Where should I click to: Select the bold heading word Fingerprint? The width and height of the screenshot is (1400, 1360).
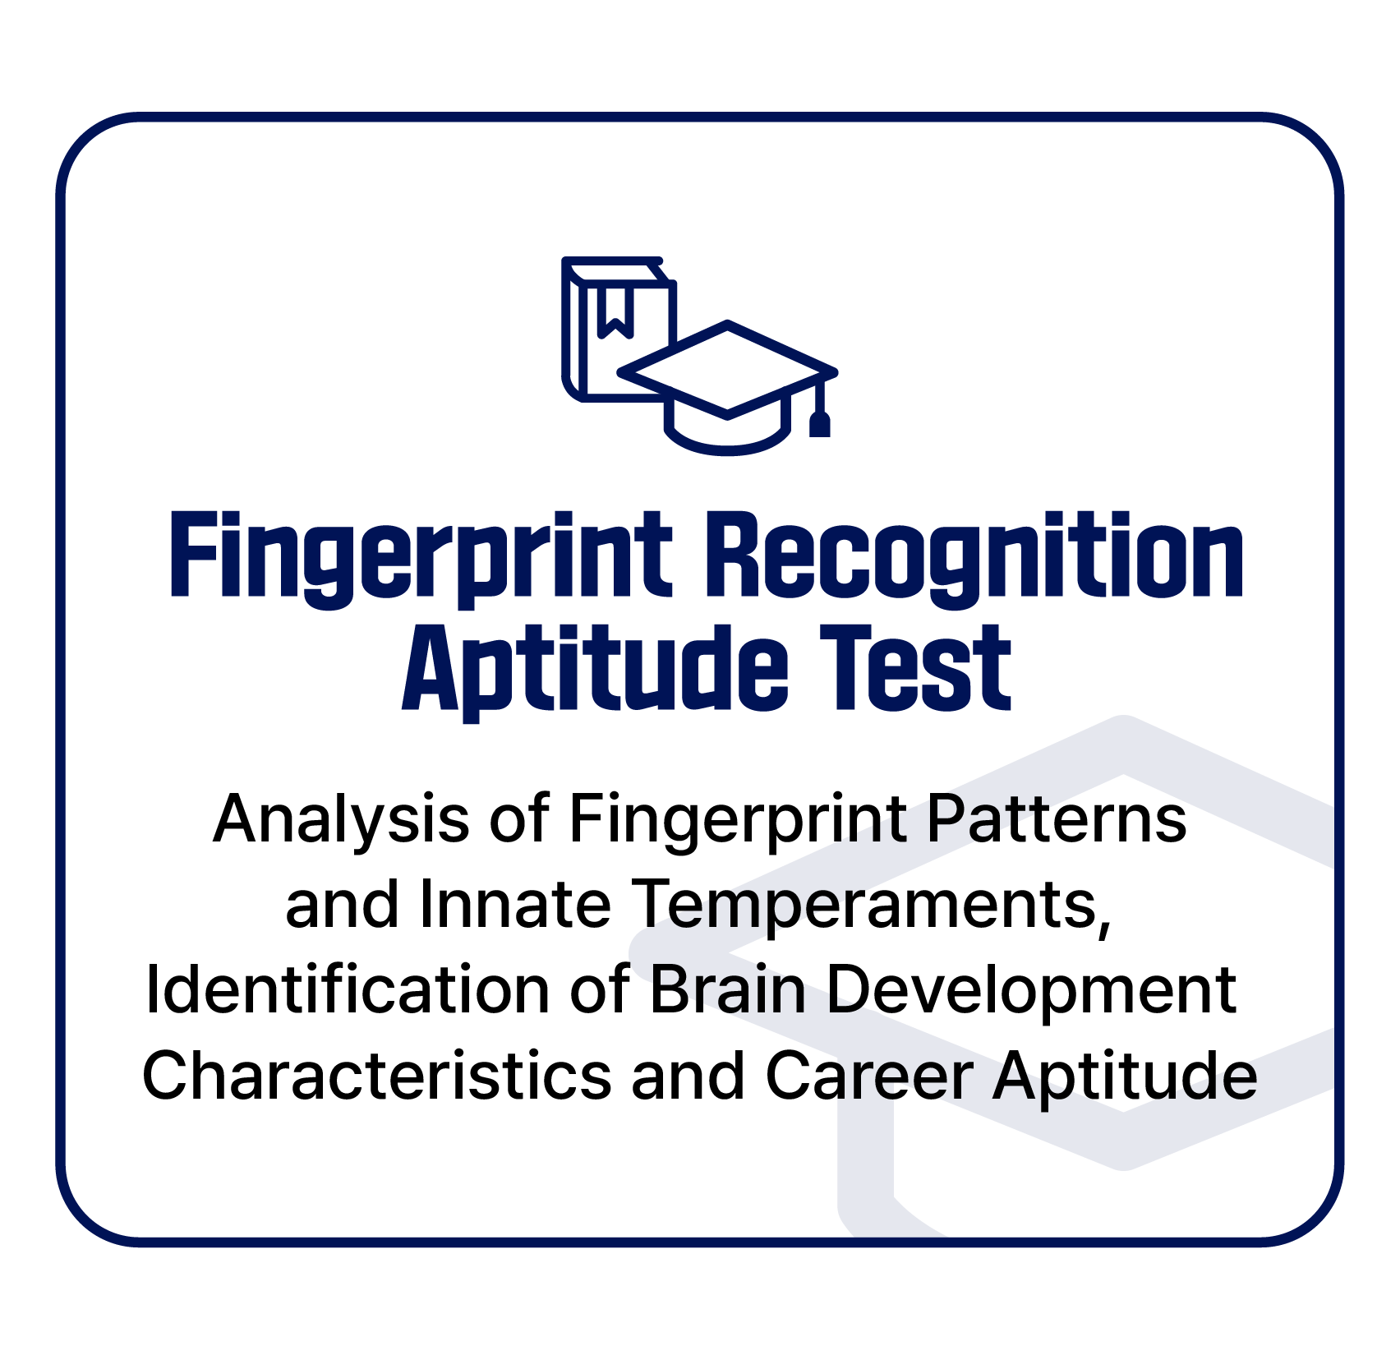(x=421, y=559)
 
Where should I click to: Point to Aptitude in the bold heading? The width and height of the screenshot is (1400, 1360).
(x=596, y=671)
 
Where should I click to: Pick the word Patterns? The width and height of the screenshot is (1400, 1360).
(x=1057, y=819)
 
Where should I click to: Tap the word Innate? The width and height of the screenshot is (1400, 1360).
(x=516, y=905)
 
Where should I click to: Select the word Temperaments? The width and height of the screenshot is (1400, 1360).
(x=873, y=906)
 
